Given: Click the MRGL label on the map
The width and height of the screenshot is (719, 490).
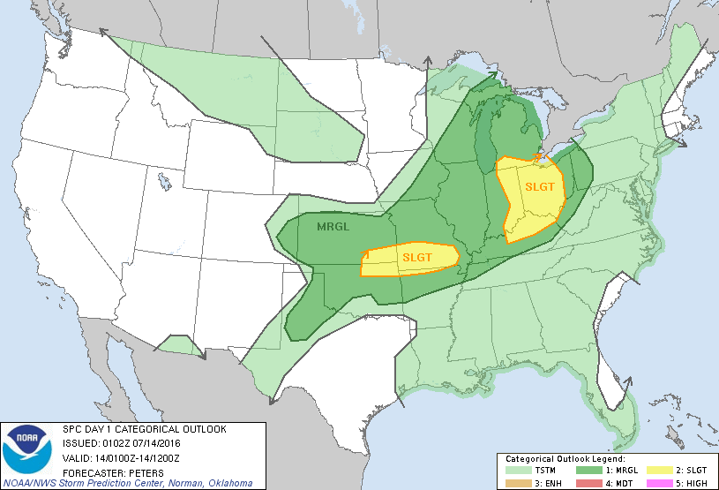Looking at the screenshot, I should pos(333,227).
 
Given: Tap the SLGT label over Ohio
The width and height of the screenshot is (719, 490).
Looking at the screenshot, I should pos(540,186).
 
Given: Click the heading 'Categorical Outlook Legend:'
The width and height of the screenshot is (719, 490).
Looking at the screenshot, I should pos(565,460).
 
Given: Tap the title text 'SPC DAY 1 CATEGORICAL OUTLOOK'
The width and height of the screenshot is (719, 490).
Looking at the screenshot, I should pos(144,429).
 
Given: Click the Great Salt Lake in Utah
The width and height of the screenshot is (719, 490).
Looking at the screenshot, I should pos(164,183).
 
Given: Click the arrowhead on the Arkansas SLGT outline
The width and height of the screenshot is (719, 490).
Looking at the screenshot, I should pos(364,253).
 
